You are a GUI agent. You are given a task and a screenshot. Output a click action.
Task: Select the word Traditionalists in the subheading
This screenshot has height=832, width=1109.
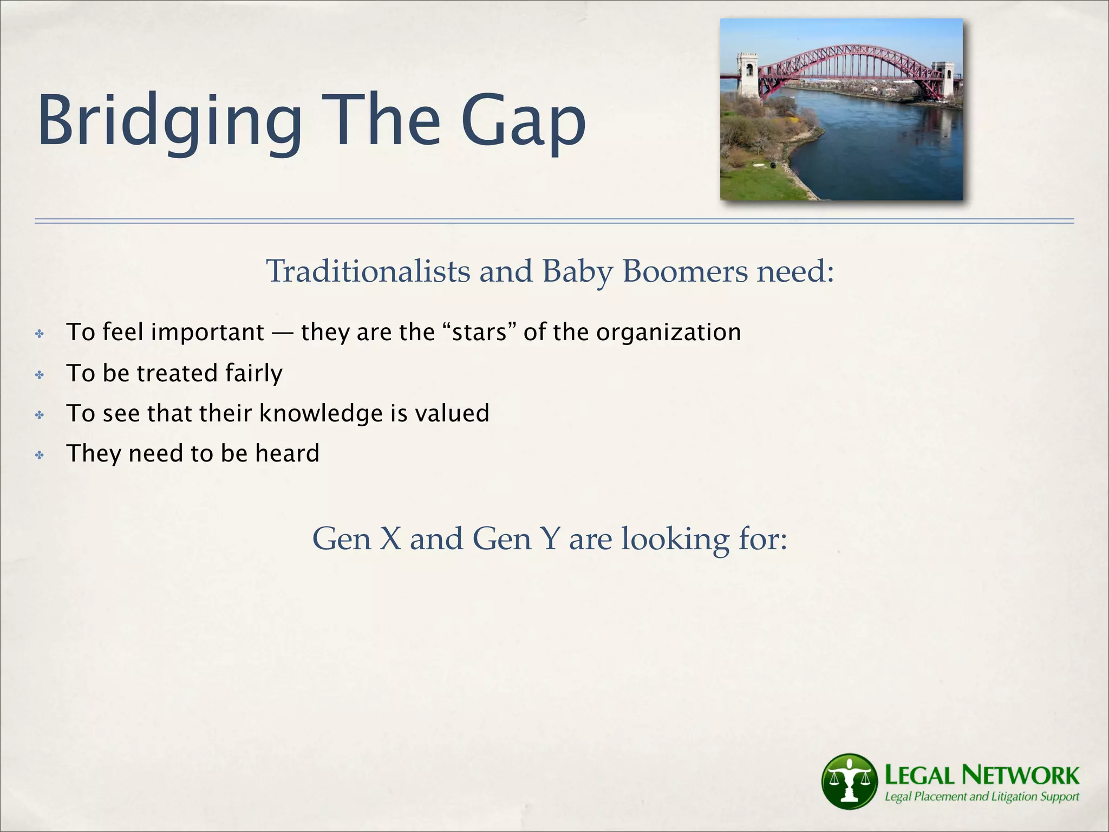[x=368, y=271]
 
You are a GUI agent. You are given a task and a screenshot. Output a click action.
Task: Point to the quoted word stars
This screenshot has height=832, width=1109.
[x=479, y=332]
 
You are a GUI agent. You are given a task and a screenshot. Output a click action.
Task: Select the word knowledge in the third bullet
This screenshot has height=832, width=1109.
[x=321, y=413]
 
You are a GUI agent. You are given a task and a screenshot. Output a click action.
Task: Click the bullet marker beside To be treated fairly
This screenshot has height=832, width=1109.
[x=40, y=374]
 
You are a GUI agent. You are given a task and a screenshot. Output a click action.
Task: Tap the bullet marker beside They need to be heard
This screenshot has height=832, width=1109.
[x=40, y=455]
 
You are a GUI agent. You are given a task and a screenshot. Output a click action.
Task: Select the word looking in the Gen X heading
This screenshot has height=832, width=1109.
[x=675, y=539]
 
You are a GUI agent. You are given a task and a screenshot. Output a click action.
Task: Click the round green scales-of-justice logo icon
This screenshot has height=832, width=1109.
[x=849, y=781]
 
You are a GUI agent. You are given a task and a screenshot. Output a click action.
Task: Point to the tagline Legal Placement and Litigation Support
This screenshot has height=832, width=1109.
[x=981, y=797]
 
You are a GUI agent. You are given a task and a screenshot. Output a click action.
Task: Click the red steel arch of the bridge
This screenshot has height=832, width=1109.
[x=845, y=54]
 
